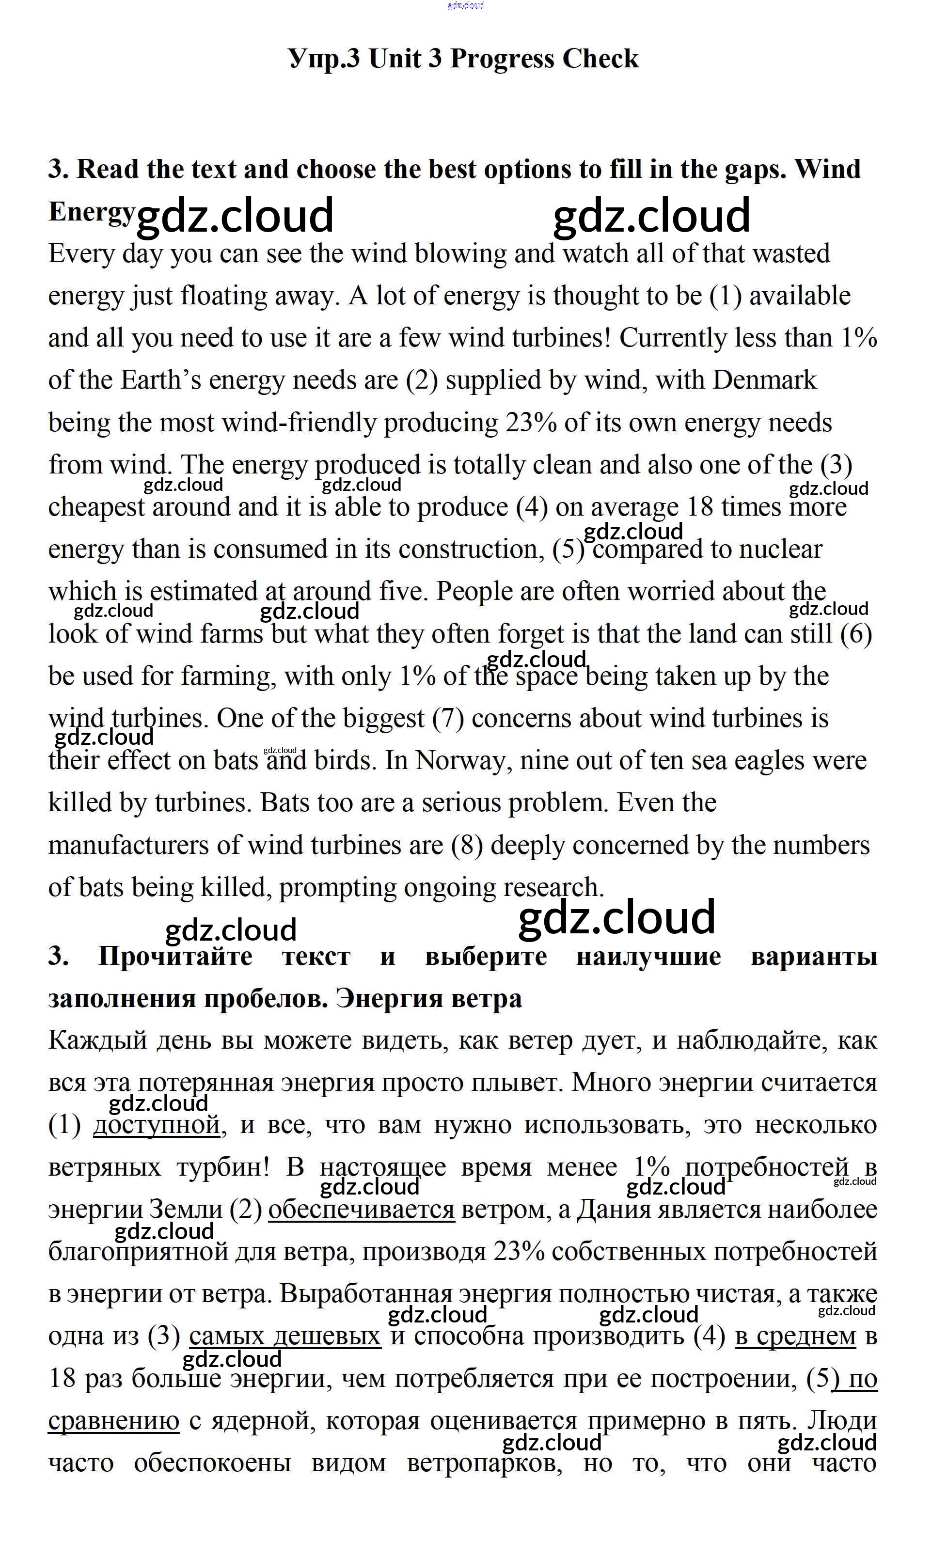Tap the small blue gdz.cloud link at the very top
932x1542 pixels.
(x=466, y=6)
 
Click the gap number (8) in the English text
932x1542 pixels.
(x=467, y=845)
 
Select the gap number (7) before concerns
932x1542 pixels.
(x=448, y=718)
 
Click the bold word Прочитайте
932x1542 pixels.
(x=175, y=956)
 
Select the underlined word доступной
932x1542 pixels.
(x=157, y=1125)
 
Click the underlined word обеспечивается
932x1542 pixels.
(x=361, y=1210)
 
